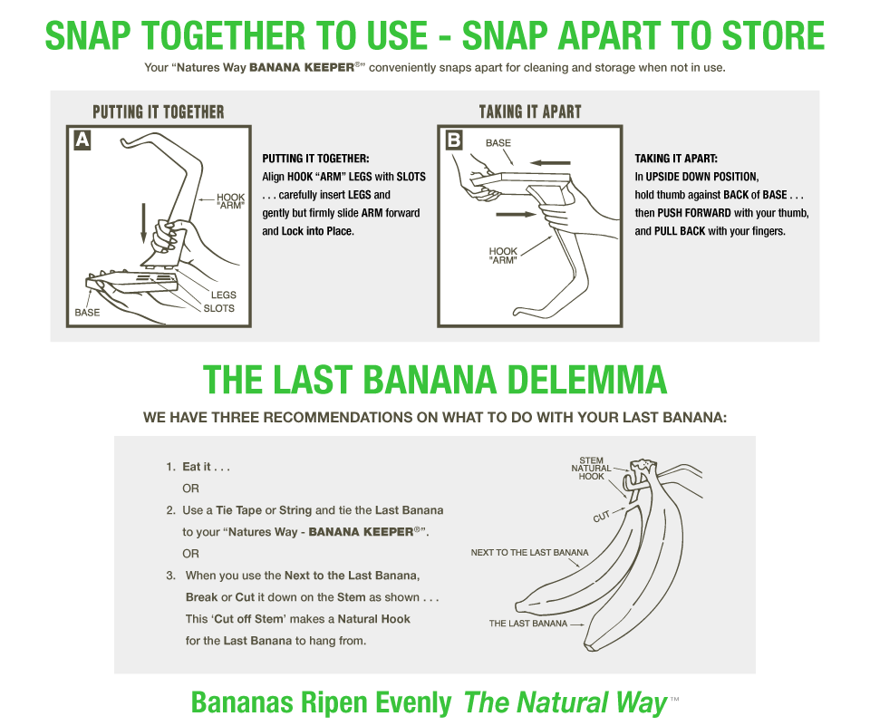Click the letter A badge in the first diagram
pos(82,140)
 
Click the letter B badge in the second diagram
pos(454,140)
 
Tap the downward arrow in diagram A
pos(144,223)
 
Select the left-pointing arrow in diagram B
pos(550,162)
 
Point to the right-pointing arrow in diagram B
pos(516,214)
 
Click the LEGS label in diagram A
pos(224,295)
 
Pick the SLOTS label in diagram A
pos(218,308)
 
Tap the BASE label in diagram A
pos(87,313)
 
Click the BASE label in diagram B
pos(498,142)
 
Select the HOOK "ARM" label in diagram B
pos(503,256)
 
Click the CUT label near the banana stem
pos(602,517)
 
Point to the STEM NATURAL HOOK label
pos(592,469)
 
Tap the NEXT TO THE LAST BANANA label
pos(529,552)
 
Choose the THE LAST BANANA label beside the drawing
pos(528,624)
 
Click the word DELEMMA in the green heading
pos(587,380)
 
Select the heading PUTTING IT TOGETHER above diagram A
pos(158,111)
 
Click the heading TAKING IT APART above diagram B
pos(530,111)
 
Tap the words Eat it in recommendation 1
pos(197,466)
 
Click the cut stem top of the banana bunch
pos(643,465)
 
